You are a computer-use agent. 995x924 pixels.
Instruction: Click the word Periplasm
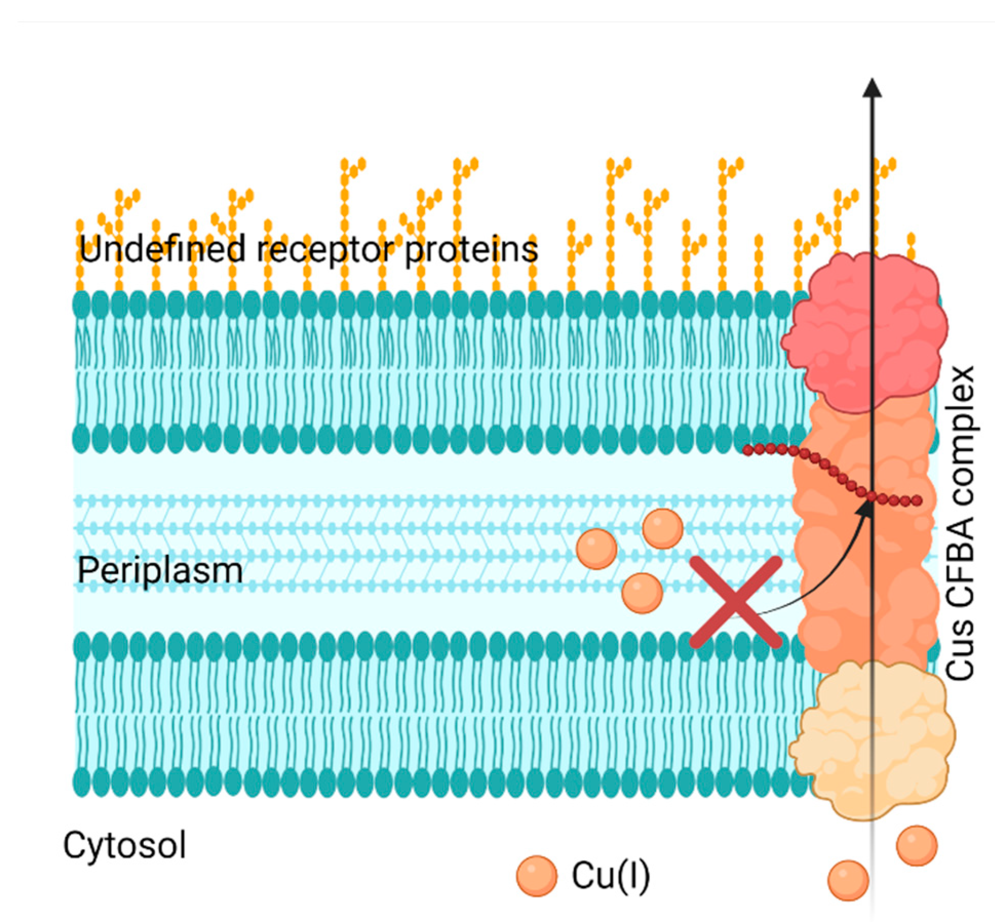click(x=160, y=571)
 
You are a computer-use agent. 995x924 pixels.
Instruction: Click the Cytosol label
click(x=124, y=846)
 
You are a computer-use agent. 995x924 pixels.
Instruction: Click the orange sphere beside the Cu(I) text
click(x=536, y=876)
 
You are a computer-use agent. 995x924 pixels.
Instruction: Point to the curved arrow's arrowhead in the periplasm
click(x=868, y=508)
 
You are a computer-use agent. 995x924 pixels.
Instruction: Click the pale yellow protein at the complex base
click(x=872, y=738)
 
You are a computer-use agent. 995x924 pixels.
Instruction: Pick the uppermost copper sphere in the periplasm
click(x=662, y=529)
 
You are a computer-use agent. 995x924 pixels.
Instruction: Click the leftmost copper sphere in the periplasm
click(x=596, y=548)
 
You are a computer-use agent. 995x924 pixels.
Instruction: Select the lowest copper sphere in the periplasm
click(x=642, y=593)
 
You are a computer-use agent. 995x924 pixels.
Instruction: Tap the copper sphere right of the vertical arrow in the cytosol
click(x=916, y=846)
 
